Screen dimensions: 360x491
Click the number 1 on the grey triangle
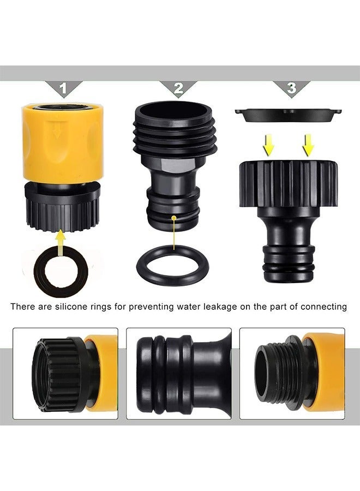(64, 88)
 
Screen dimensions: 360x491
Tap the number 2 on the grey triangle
(178, 88)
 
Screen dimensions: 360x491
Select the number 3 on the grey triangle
(291, 88)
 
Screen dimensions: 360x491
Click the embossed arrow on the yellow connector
(56, 130)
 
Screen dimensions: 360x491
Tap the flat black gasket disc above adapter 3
(288, 115)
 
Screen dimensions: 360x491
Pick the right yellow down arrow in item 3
(308, 145)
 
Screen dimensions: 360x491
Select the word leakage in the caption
(220, 307)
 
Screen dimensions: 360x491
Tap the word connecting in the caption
(323, 307)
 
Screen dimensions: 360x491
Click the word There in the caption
(22, 306)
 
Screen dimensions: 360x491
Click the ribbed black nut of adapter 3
(289, 184)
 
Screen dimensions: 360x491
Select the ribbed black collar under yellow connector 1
(63, 207)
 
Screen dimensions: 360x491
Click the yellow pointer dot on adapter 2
(174, 218)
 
